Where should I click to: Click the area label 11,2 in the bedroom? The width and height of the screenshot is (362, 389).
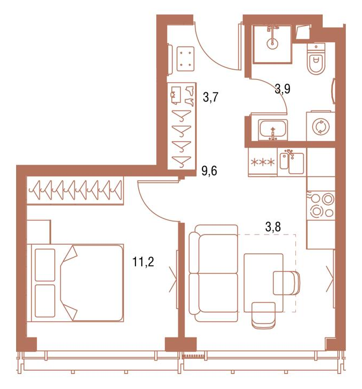[x=143, y=262]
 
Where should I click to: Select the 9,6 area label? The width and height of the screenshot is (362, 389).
[x=209, y=171]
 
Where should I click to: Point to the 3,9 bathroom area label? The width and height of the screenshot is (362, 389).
[x=283, y=89]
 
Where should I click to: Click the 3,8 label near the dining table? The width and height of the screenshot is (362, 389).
[x=273, y=227]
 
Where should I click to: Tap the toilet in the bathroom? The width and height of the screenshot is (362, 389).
[x=316, y=59]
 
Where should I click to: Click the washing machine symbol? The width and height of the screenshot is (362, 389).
[x=321, y=127]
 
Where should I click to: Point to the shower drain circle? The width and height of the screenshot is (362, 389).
[x=272, y=43]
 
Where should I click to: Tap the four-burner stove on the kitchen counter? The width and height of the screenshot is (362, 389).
[x=321, y=205]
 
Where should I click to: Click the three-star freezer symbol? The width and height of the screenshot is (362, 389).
[x=263, y=162]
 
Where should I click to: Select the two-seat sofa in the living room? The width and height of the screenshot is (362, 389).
[x=213, y=273]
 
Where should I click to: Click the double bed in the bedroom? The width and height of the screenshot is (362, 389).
[x=75, y=283]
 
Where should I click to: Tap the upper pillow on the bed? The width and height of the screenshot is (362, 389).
[x=45, y=265]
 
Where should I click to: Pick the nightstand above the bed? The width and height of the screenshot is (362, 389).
[x=39, y=232]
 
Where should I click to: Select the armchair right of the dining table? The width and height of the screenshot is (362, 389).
[x=286, y=283]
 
